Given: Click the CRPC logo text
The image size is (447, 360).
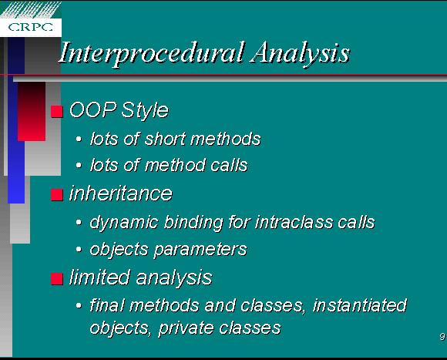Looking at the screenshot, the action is click(31, 27).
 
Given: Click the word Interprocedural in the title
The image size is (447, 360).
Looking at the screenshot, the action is click(152, 53).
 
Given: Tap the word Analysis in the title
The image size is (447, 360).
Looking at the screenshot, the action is click(300, 53).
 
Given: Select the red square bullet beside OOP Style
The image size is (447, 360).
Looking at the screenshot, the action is click(57, 112).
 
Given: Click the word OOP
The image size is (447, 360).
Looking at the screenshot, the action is click(93, 109).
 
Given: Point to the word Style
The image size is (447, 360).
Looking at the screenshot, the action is click(145, 110).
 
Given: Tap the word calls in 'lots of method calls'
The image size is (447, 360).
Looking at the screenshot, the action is click(229, 165).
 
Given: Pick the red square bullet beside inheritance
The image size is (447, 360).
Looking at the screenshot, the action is click(57, 195).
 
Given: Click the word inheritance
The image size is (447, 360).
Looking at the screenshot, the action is click(121, 193).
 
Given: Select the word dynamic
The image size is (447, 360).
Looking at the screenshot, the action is click(124, 223).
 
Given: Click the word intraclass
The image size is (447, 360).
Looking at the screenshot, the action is click(294, 222).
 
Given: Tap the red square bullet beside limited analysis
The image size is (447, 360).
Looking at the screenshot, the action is click(57, 279).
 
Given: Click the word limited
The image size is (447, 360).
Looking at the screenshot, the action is click(99, 278).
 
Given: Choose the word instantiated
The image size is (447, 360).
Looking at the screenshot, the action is click(360, 305).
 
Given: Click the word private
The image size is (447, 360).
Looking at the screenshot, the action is click(185, 328).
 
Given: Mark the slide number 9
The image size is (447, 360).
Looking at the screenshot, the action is click(442, 337).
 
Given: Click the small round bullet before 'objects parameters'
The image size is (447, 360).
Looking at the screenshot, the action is click(79, 250).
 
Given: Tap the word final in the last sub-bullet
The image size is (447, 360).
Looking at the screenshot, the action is click(107, 305).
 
